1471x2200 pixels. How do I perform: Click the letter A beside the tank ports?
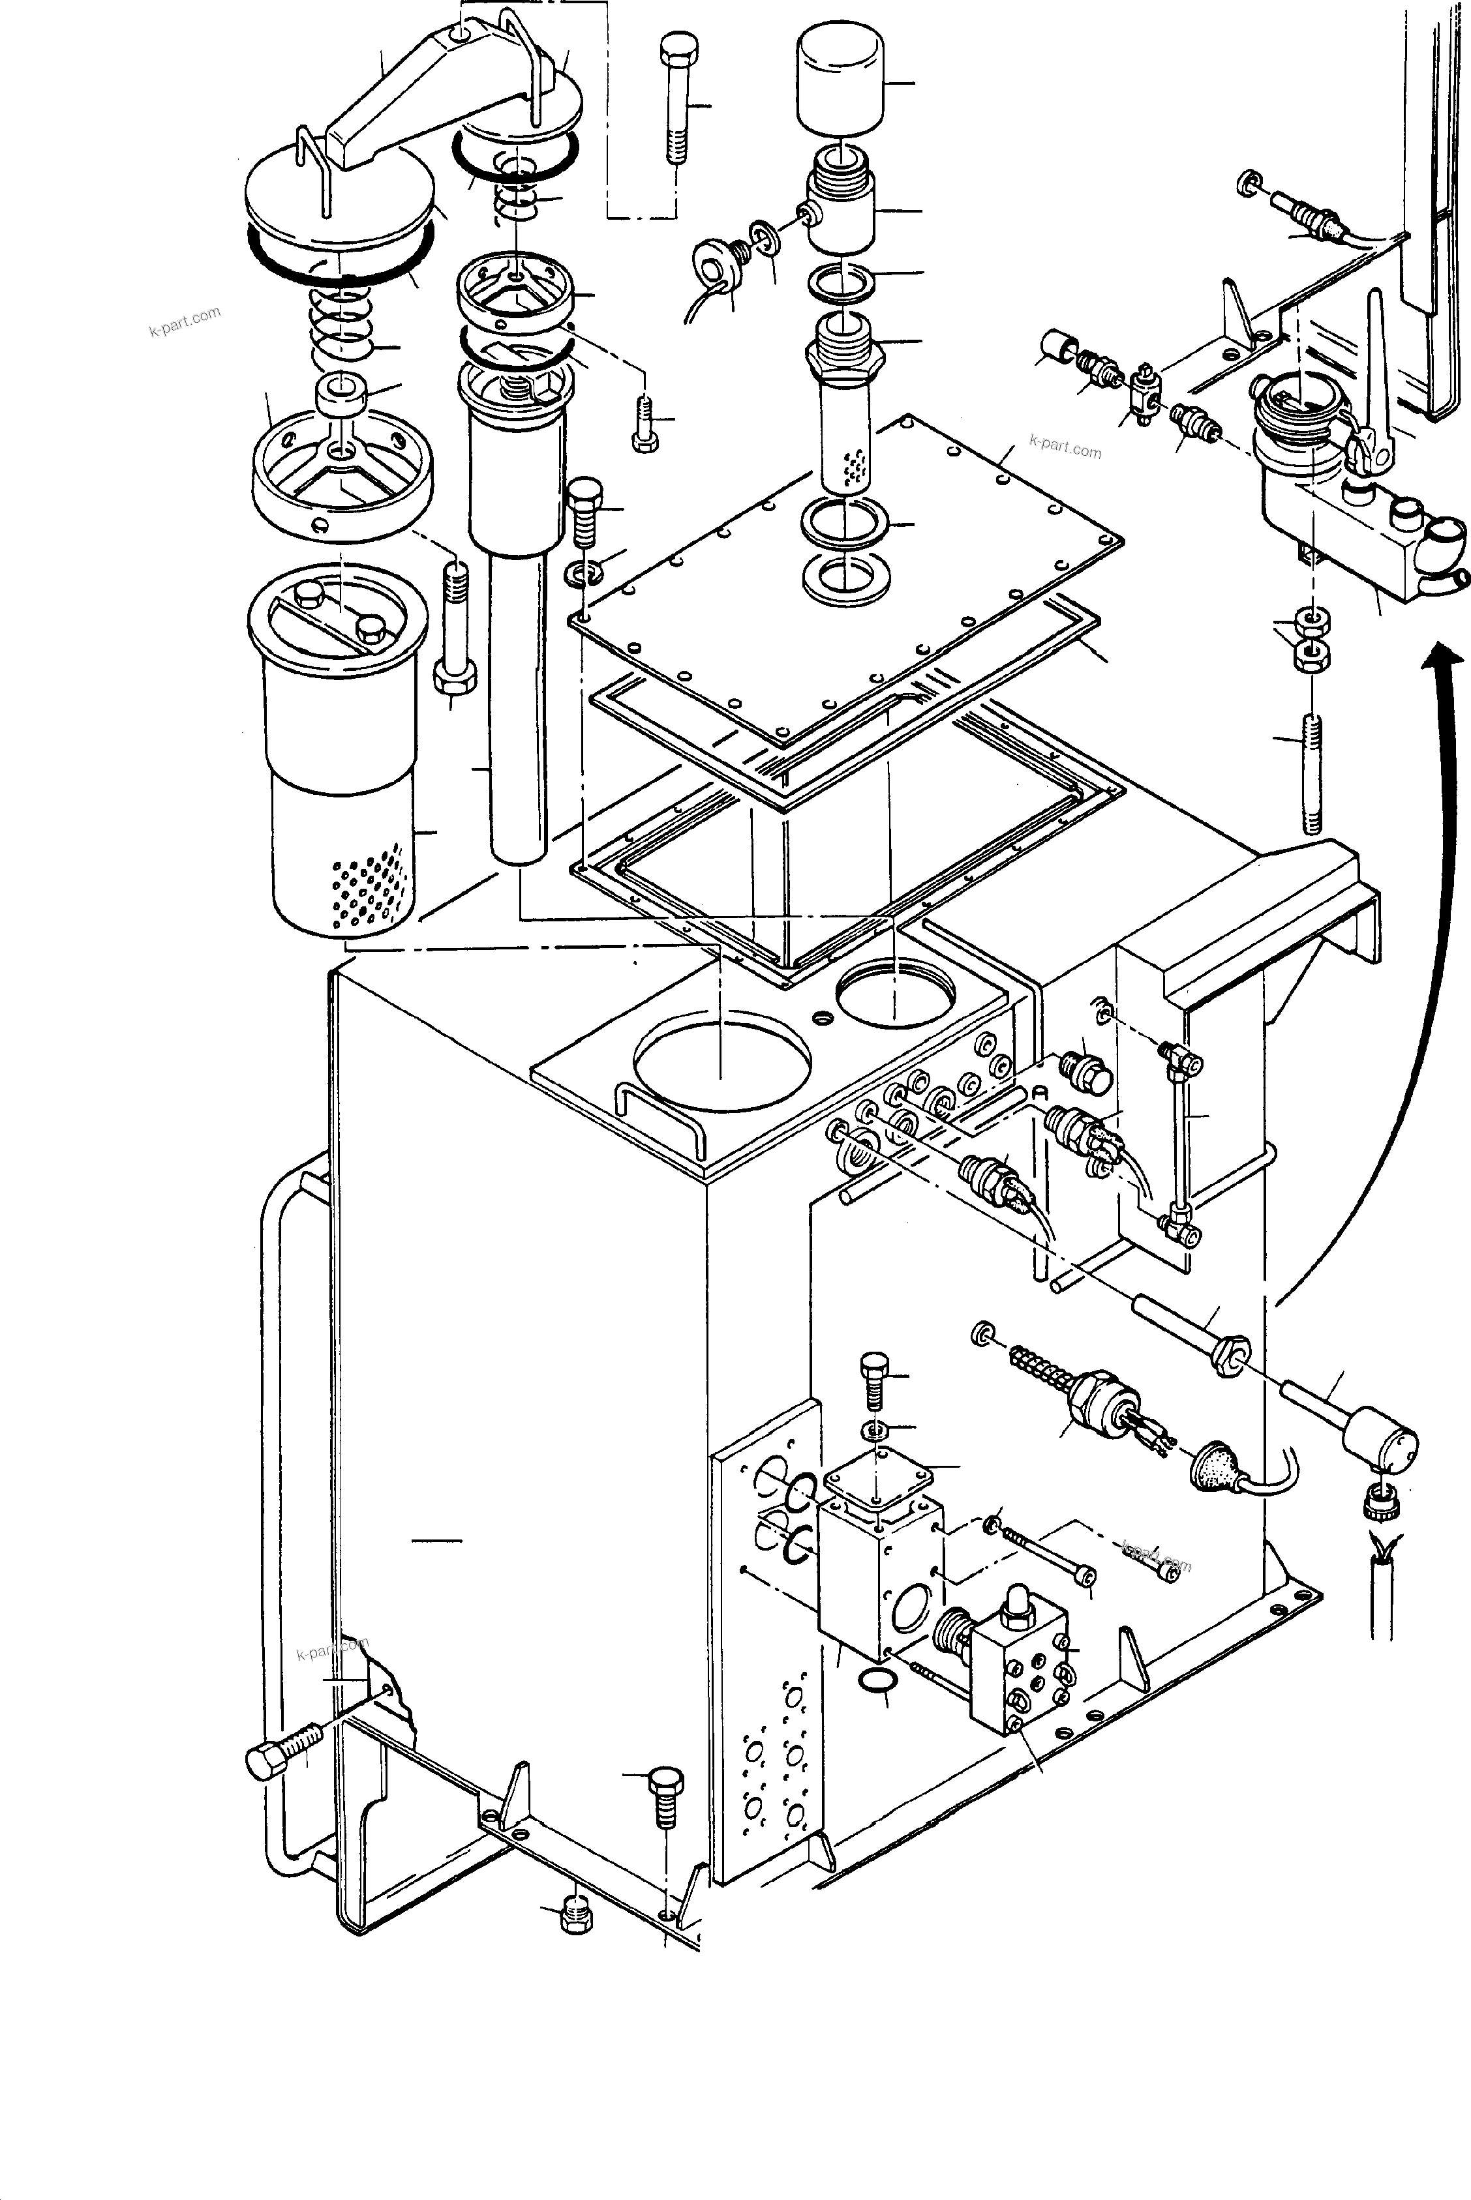pyautogui.click(x=1039, y=1092)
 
